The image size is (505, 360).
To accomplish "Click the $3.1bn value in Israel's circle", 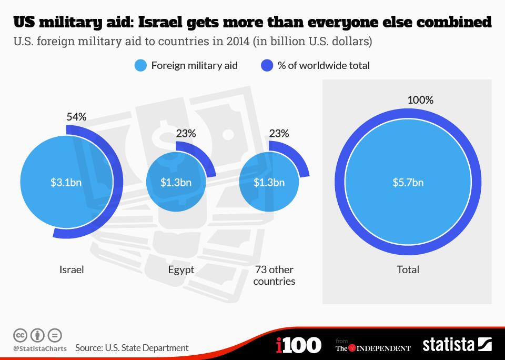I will pos(66,183).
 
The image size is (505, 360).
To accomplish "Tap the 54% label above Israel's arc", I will pos(76,117).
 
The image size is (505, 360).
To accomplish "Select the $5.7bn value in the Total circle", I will pos(408,183).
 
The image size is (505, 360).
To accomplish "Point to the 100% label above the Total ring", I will pos(420,100).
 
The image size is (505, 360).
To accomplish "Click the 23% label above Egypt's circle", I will pos(186,134).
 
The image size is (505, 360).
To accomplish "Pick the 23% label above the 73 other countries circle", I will pos(279,134).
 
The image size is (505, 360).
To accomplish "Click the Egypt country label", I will pos(181,269).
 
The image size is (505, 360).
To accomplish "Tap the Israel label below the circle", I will pos(72,269).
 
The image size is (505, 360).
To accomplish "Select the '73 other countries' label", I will pos(274,275).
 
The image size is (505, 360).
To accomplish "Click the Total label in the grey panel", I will pos(408,269).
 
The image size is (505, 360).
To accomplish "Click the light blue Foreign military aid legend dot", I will pos(140,66).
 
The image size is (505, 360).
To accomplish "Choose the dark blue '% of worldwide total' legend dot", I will pos(267,66).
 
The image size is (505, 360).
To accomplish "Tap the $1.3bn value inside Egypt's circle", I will pos(176,183).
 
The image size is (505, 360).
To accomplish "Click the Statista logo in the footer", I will pos(457,345).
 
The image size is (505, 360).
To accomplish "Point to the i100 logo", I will pos(298,345).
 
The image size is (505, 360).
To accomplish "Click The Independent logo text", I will pos(373,348).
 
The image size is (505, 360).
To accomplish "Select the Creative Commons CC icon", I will pos(20,335).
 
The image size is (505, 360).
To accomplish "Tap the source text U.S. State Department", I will pos(132,348).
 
